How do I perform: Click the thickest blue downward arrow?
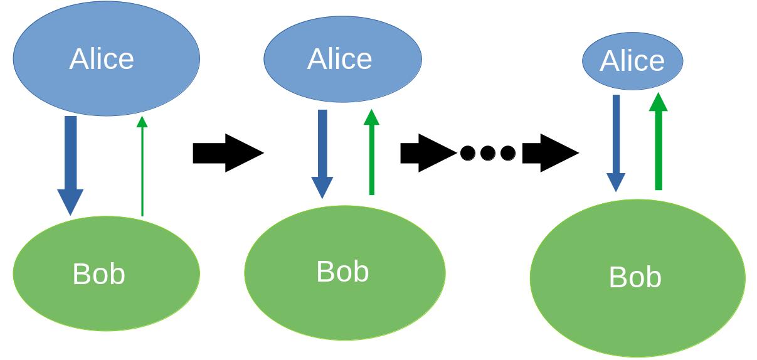click(x=70, y=157)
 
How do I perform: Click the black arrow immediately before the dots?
click(x=426, y=153)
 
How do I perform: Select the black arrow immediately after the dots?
click(x=549, y=153)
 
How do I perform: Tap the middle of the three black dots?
click(x=488, y=153)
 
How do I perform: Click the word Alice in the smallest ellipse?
click(x=632, y=61)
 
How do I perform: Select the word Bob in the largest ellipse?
click(x=635, y=277)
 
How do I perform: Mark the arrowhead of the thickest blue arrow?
click(x=70, y=202)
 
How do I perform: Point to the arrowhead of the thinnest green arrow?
click(x=142, y=122)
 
